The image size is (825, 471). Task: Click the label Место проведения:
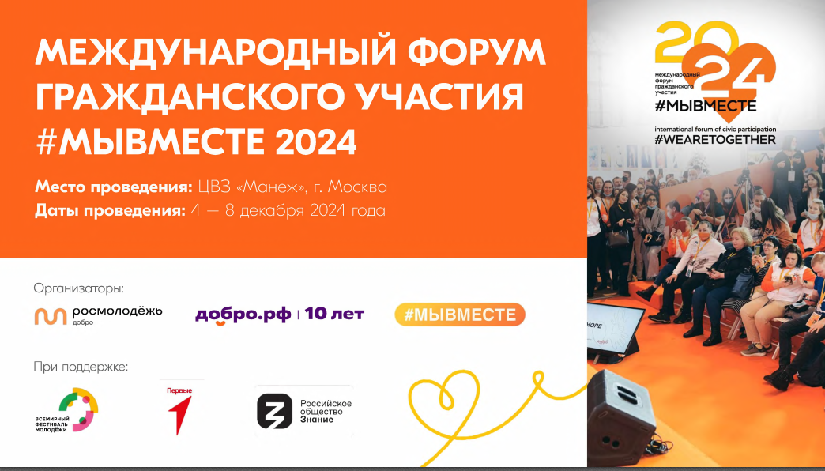pyautogui.click(x=114, y=187)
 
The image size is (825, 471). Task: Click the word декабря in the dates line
pyautogui.click(x=250, y=211)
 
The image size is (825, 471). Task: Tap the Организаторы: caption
pyautogui.click(x=79, y=288)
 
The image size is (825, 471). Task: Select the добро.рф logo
pyautogui.click(x=243, y=315)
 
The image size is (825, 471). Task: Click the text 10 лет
pyautogui.click(x=334, y=315)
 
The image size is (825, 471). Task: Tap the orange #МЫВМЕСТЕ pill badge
pyautogui.click(x=460, y=315)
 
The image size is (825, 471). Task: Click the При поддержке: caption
pyautogui.click(x=81, y=366)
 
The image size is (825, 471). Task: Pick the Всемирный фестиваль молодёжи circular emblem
pyautogui.click(x=78, y=409)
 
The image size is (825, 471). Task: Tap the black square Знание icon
pyautogui.click(x=274, y=411)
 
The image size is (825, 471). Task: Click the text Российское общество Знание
pyautogui.click(x=326, y=411)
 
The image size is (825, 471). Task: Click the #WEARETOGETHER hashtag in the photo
pyautogui.click(x=715, y=139)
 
